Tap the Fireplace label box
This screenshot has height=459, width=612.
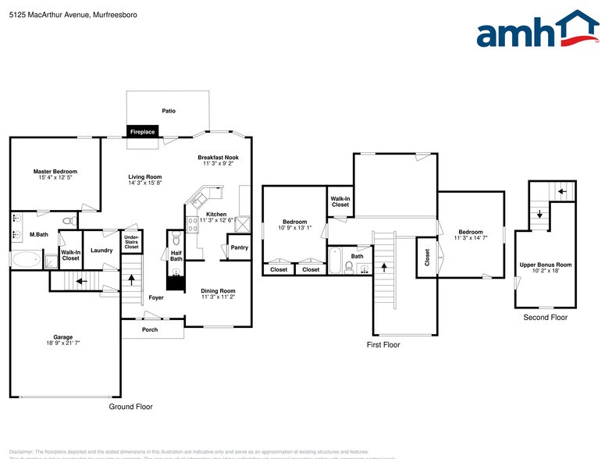click(142, 132)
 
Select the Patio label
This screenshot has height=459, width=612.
click(169, 111)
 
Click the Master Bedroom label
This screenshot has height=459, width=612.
click(55, 171)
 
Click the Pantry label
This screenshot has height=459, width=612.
click(240, 247)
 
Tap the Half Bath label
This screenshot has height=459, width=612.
click(176, 255)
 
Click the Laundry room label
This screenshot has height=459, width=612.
click(101, 250)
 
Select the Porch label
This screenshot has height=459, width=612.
click(150, 329)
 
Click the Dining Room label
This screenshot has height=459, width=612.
click(219, 290)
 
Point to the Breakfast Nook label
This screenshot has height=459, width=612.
click(218, 157)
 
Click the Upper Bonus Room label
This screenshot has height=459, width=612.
click(546, 265)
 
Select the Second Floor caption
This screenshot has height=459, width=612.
click(546, 317)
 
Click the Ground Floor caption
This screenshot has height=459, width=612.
click(130, 407)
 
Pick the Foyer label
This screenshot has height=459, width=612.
click(156, 297)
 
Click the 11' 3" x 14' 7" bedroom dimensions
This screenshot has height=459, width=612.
click(471, 238)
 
